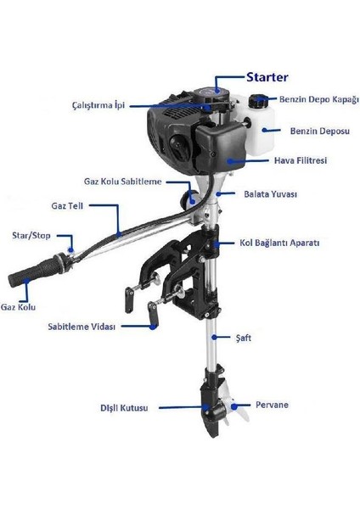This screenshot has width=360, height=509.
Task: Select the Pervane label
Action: pyautogui.click(x=272, y=405)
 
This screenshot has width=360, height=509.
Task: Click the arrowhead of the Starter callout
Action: pyautogui.click(x=218, y=87)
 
